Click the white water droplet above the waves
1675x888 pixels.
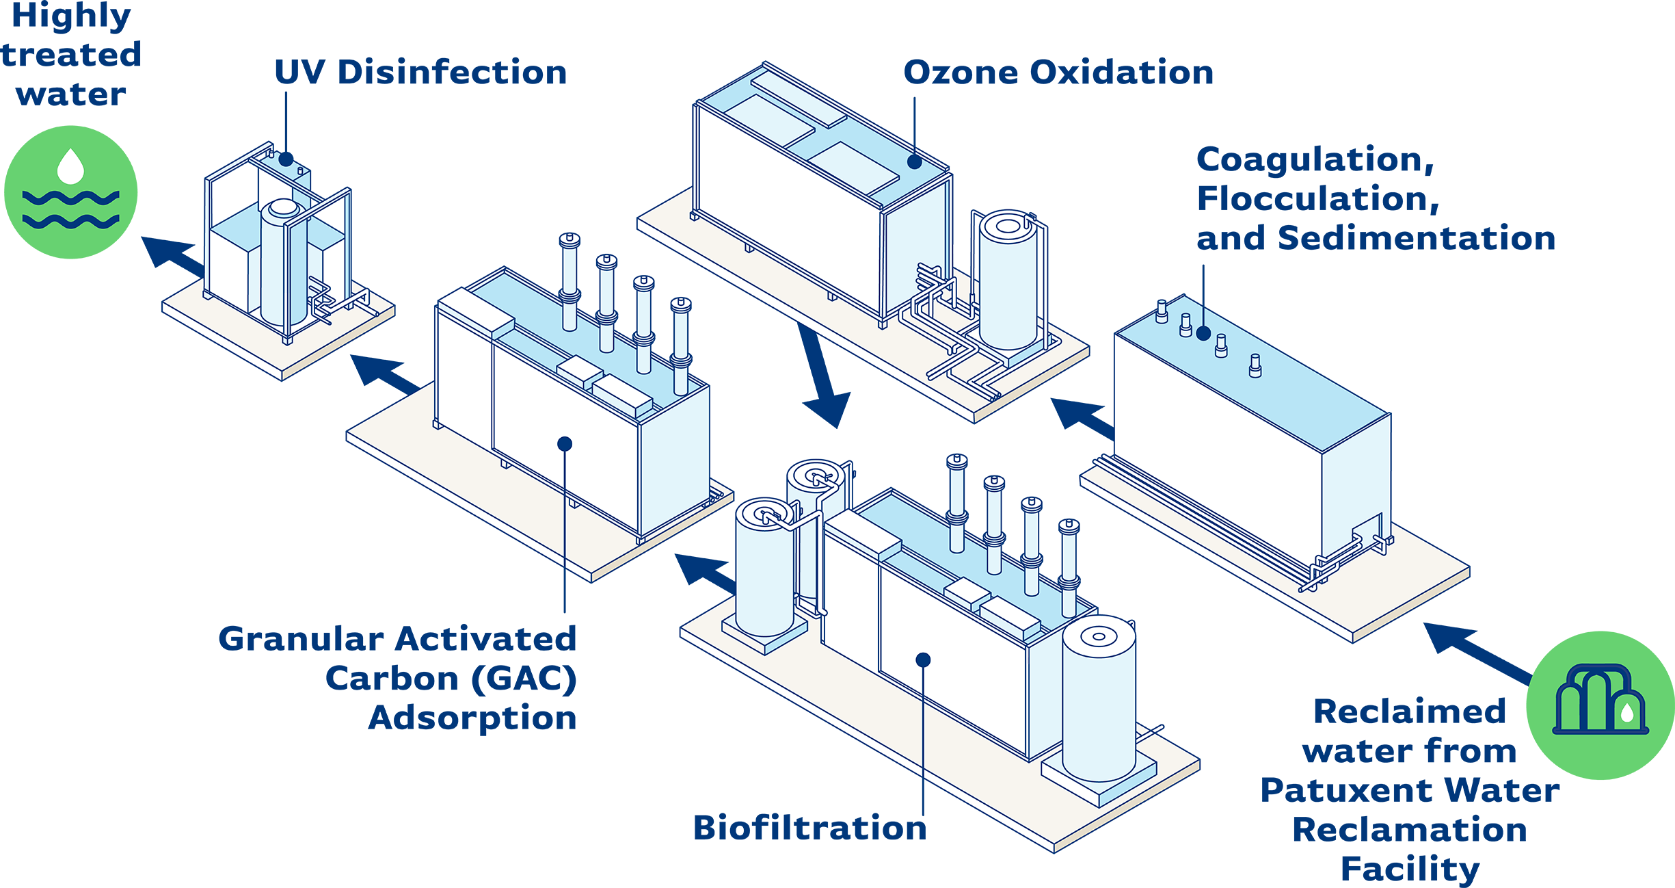click(70, 166)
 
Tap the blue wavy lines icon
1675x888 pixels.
click(70, 209)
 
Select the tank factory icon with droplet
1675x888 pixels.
click(1600, 699)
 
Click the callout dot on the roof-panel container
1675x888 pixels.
click(915, 162)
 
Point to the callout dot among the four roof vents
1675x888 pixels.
click(1203, 334)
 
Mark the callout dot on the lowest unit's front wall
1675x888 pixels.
click(923, 660)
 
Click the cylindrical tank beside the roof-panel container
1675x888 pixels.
click(1008, 280)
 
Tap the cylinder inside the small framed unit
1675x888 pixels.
click(282, 263)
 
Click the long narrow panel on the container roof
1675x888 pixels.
click(799, 100)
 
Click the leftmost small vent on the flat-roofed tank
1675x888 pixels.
click(1161, 312)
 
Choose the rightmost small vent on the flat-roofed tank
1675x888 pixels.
click(1255, 366)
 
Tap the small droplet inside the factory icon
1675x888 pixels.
click(1627, 714)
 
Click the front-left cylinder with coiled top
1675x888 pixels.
click(764, 568)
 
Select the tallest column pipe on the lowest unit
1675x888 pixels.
click(957, 503)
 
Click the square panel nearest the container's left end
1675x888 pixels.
click(769, 120)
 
